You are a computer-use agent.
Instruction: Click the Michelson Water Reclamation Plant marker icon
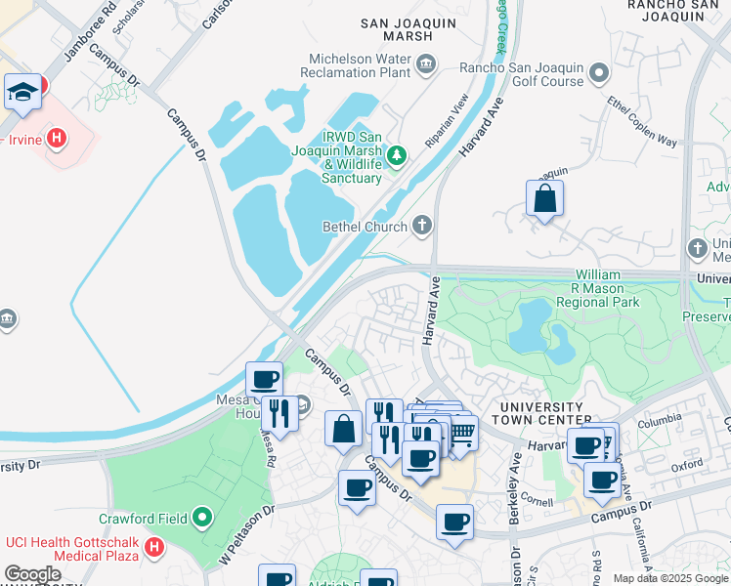tap(425, 65)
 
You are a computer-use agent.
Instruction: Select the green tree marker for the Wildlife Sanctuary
tap(398, 154)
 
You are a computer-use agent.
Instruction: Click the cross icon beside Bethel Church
tap(423, 227)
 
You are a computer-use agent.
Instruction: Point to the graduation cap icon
tap(21, 93)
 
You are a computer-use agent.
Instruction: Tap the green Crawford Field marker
tap(202, 516)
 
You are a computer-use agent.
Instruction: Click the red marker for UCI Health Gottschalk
tap(153, 549)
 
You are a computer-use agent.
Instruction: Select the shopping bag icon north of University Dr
tap(544, 198)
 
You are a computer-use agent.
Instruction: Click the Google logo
tap(32, 574)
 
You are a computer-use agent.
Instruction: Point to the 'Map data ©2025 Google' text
tap(670, 578)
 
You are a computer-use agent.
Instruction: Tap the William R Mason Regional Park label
tap(607, 289)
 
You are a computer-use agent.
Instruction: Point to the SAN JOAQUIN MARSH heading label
tap(409, 28)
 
